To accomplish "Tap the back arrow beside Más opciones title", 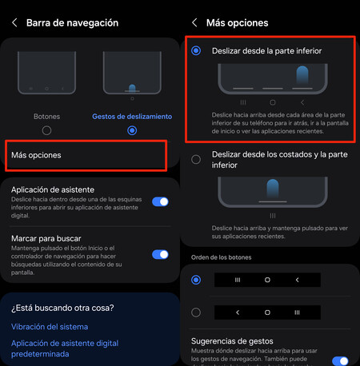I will pos(194,22).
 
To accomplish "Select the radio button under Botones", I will pos(46,130).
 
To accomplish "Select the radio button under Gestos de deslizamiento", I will pos(132,130).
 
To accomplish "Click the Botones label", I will pos(46,116).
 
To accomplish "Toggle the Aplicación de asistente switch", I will pos(160,202).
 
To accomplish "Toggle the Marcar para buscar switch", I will pos(160,254).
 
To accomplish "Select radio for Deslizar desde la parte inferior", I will pos(196,50).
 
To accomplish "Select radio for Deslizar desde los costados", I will pos(196,159).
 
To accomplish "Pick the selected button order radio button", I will pos(196,280).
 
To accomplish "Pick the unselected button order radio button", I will pos(196,312).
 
